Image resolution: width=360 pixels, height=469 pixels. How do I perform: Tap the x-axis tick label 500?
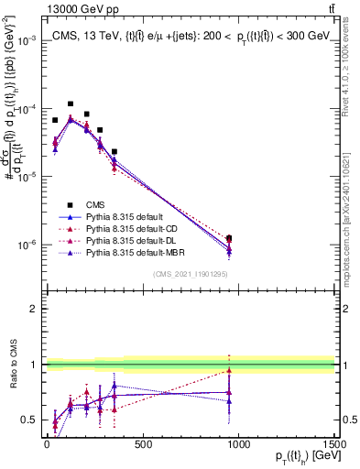coord(143,444)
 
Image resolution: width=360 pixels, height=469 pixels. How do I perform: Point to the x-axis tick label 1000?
coord(239,444)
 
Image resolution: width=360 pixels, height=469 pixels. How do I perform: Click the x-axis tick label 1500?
coord(334,444)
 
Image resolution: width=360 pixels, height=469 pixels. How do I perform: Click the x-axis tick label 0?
coord(47,444)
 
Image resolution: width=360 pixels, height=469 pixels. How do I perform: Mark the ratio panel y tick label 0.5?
coord(29,420)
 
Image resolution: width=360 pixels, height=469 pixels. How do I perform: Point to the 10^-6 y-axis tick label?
coord(27,245)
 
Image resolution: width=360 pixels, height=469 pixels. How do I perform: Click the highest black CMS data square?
coord(71,104)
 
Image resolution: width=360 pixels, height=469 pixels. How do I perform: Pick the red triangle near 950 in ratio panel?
coord(229,371)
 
